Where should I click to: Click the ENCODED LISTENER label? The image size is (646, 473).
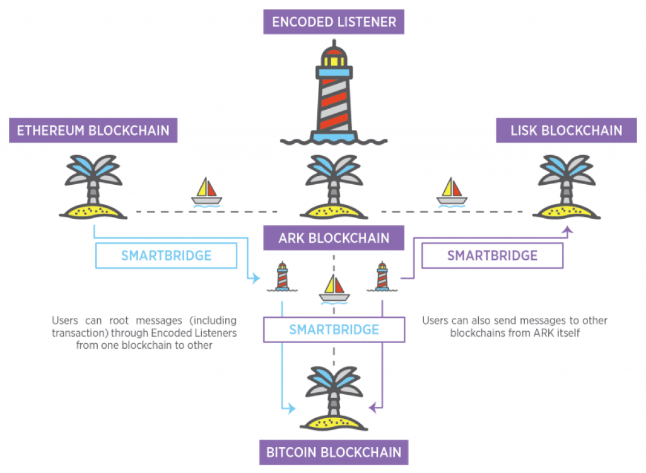pos(334,22)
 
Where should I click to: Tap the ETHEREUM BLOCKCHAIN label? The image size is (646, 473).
pos(93,131)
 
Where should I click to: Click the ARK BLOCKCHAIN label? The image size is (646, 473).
pos(334,238)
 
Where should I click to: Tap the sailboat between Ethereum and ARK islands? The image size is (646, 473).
pos(207,192)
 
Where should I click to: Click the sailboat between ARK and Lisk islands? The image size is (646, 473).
pos(452,192)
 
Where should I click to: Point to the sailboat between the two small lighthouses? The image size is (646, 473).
pos(334,288)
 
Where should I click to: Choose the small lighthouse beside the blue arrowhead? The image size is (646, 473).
pos(281,277)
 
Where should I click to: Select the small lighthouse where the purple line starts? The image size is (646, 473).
pos(382,277)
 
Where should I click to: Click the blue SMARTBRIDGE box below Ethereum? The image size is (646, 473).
pos(166,256)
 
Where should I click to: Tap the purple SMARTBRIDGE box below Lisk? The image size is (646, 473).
pos(492,255)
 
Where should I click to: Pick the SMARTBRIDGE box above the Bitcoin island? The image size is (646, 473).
pos(334,329)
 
